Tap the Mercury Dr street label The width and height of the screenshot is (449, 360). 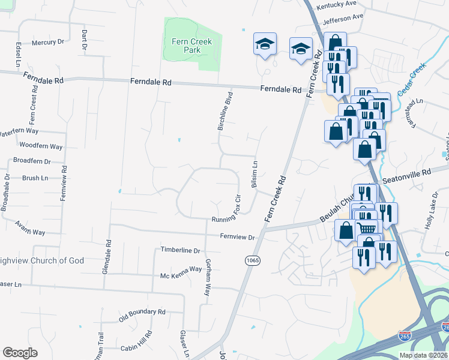[x=47, y=42]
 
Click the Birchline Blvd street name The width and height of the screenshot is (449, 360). [x=229, y=111]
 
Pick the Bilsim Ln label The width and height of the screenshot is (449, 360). [x=255, y=175]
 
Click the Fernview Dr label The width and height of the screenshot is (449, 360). [x=237, y=238]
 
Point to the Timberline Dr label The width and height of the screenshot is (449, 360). [x=179, y=250]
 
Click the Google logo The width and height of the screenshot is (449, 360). [x=20, y=353]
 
